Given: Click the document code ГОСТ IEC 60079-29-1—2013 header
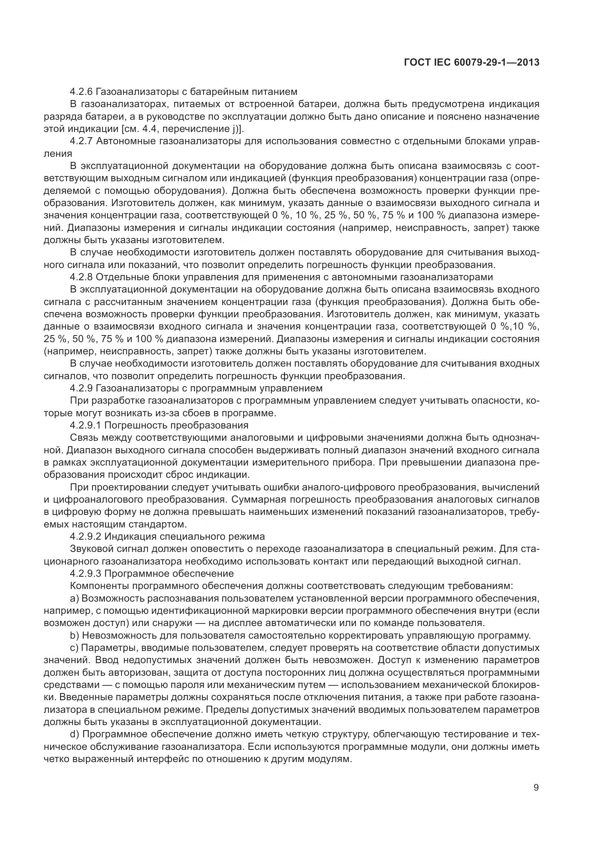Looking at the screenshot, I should pyautogui.click(x=471, y=63).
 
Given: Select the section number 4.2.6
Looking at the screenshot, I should pyautogui.click(x=81, y=92).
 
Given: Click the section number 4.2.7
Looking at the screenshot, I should pyautogui.click(x=81, y=141).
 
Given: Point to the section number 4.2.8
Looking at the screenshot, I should pyautogui.click(x=81, y=277).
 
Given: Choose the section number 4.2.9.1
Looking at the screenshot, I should pyautogui.click(x=85, y=426).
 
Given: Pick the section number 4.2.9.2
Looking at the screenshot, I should pyautogui.click(x=85, y=537).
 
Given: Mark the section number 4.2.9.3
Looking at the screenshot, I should pyautogui.click(x=85, y=573).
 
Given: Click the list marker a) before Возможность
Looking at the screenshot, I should pyautogui.click(x=74, y=599).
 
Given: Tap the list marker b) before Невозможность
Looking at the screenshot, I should pyautogui.click(x=74, y=636).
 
